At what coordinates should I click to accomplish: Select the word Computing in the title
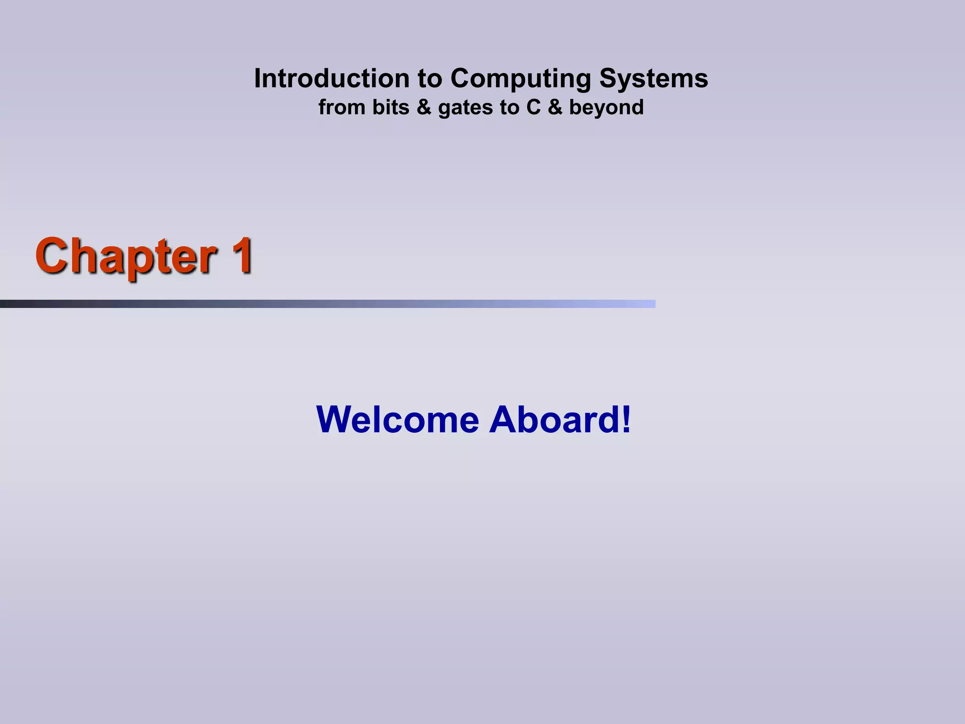click(x=520, y=79)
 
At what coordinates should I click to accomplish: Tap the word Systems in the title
click(x=654, y=79)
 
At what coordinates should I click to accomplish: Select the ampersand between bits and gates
click(x=424, y=107)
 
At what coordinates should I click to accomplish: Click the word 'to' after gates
click(x=509, y=107)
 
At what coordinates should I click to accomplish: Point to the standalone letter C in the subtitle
click(x=533, y=107)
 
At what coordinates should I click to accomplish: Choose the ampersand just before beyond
click(x=555, y=107)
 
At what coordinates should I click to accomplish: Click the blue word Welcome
click(x=398, y=420)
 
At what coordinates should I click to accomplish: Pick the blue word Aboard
click(x=554, y=420)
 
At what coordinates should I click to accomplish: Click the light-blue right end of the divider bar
click(x=648, y=304)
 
